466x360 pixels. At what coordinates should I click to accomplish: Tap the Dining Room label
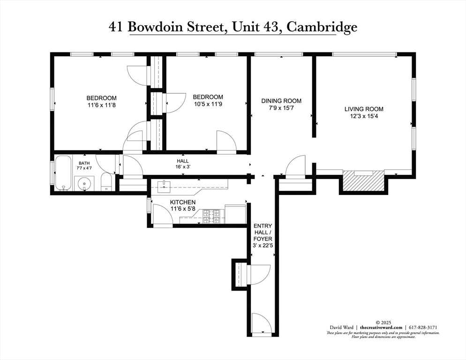(281, 101)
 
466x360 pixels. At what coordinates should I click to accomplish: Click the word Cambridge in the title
(322, 27)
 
